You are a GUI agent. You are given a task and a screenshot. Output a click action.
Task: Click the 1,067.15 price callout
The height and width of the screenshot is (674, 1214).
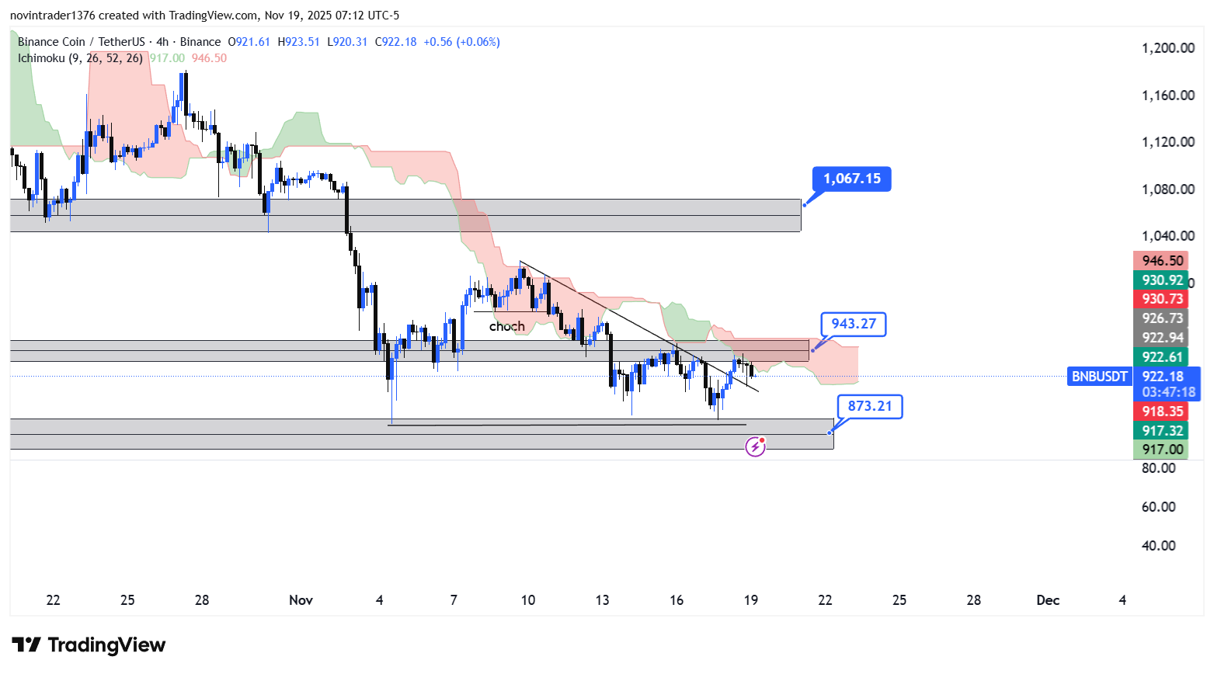[851, 179]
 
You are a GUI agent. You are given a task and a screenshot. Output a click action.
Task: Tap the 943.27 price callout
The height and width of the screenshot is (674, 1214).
[853, 324]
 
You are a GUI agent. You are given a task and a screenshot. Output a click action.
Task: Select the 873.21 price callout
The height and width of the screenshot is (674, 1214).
[869, 406]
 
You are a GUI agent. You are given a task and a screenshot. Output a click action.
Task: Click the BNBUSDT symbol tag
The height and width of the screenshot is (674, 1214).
[1099, 377]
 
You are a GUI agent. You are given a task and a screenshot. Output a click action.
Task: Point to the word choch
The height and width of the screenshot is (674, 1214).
[506, 326]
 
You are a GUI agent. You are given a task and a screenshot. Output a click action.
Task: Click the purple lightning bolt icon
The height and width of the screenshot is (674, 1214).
[755, 446]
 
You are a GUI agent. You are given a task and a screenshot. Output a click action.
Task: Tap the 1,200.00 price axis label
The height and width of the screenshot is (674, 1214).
[1167, 48]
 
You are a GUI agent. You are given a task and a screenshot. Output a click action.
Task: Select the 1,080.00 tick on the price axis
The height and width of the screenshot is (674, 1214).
[1167, 189]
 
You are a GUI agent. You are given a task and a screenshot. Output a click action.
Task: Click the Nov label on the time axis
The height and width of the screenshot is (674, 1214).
[301, 600]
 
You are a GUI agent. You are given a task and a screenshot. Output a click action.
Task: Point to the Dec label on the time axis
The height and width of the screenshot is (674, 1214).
[1048, 600]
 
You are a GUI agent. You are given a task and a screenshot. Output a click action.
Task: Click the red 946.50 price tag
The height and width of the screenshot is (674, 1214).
[1162, 261]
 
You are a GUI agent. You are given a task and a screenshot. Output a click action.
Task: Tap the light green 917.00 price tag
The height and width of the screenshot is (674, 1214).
[1162, 450]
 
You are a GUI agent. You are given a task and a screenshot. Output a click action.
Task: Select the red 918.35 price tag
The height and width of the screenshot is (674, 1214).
[1162, 412]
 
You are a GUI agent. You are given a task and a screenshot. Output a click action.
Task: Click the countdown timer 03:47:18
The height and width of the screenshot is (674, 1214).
[1168, 392]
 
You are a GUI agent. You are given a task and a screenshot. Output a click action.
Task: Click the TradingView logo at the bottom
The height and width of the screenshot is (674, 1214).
[89, 645]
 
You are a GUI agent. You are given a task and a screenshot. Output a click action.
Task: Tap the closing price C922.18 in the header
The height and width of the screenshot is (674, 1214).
[395, 42]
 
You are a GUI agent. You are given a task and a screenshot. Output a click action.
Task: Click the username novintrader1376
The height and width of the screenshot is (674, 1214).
[52, 16]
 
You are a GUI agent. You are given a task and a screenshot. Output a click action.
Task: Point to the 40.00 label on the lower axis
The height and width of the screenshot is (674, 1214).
[1158, 546]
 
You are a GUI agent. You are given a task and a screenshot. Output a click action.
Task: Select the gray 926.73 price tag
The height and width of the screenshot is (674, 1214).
[1162, 318]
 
